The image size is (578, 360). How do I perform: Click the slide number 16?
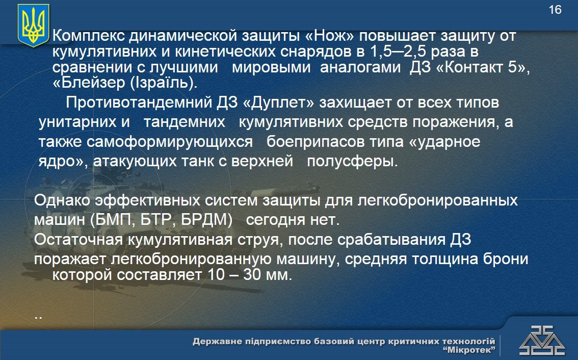point(555,10)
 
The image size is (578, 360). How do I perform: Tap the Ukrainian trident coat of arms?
point(33,25)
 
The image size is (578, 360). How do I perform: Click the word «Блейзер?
point(89,83)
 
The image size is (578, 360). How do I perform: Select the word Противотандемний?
point(139,102)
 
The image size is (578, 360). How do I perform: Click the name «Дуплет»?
point(279,102)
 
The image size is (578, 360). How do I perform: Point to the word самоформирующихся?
point(170,142)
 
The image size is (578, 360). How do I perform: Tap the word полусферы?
point(352,162)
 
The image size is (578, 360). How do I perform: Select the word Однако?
point(62,201)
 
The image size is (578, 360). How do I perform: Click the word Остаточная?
point(78,240)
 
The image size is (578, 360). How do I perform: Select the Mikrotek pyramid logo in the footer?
point(542,341)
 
